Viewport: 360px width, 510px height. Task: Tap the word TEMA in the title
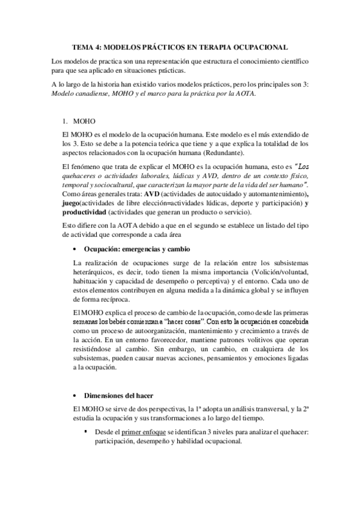pos(82,46)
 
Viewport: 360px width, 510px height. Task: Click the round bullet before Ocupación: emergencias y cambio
pos(74,249)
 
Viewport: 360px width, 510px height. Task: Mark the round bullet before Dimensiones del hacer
pos(74,396)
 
